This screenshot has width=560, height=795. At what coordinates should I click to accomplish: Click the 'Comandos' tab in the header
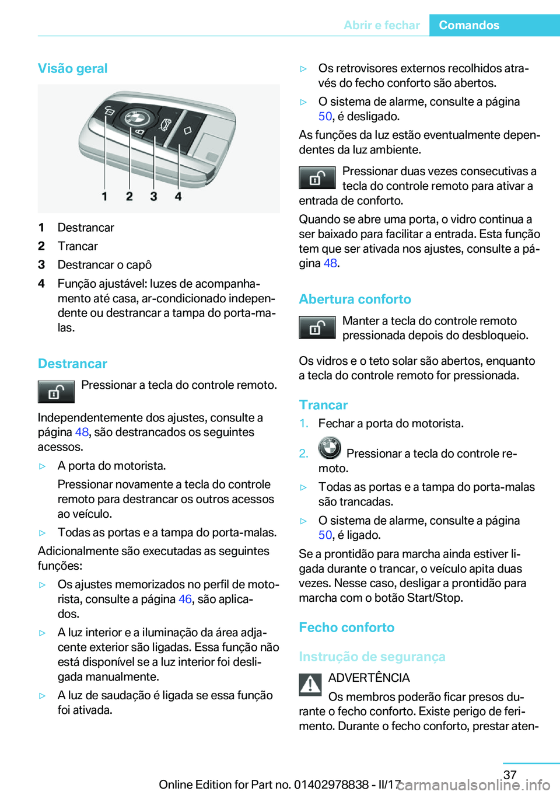click(469, 25)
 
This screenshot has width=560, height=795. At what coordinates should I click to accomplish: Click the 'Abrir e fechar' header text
click(381, 25)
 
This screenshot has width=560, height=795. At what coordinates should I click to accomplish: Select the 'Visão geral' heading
click(73, 68)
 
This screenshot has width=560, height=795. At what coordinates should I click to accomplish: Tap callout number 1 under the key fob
click(104, 197)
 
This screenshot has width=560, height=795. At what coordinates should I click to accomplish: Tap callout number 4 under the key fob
click(178, 197)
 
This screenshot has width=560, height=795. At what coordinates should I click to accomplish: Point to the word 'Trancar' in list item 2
click(78, 246)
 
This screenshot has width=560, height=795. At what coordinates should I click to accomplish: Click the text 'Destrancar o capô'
click(104, 265)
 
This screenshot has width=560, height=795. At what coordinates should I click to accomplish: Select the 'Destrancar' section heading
click(73, 364)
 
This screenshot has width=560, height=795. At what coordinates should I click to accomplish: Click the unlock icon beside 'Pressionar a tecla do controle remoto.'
click(56, 392)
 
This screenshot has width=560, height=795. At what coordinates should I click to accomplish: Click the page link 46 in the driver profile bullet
click(185, 599)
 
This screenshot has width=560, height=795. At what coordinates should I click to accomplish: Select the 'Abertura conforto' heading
click(355, 299)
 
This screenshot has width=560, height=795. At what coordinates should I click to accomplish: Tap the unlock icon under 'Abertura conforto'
click(317, 327)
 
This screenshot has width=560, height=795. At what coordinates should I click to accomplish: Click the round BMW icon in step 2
click(330, 448)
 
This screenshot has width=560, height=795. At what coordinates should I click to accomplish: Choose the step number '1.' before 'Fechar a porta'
click(304, 423)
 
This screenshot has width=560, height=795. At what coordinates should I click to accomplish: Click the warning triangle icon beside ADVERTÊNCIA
click(310, 684)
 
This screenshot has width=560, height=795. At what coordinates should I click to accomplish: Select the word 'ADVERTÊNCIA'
click(369, 678)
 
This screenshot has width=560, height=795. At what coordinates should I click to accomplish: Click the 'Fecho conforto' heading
click(346, 627)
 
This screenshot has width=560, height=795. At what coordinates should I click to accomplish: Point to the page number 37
click(510, 775)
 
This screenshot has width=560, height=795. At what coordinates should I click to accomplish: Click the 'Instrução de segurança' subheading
click(372, 657)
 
